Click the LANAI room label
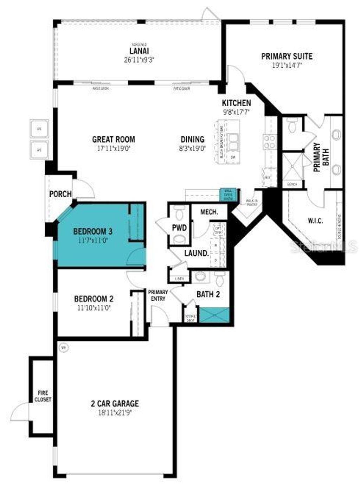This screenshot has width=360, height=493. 139,51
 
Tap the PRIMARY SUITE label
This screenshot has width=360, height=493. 287,56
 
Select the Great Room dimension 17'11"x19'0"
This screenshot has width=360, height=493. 114,148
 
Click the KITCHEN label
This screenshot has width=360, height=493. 236,103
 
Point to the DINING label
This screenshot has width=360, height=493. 192,139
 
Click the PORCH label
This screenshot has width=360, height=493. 60,194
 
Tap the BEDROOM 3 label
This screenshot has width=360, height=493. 93,231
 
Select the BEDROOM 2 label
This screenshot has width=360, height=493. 94,299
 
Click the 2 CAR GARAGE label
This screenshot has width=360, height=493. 115,403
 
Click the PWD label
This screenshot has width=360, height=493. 179,228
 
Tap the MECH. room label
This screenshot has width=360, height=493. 209,212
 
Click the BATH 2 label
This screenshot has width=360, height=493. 208,294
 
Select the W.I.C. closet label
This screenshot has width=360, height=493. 315,221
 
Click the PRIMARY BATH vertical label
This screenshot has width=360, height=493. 321,157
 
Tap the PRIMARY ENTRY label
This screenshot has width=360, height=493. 158,295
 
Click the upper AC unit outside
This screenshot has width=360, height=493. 39,129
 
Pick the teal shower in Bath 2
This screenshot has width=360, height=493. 214,315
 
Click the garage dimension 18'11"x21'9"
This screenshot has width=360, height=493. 115,412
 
